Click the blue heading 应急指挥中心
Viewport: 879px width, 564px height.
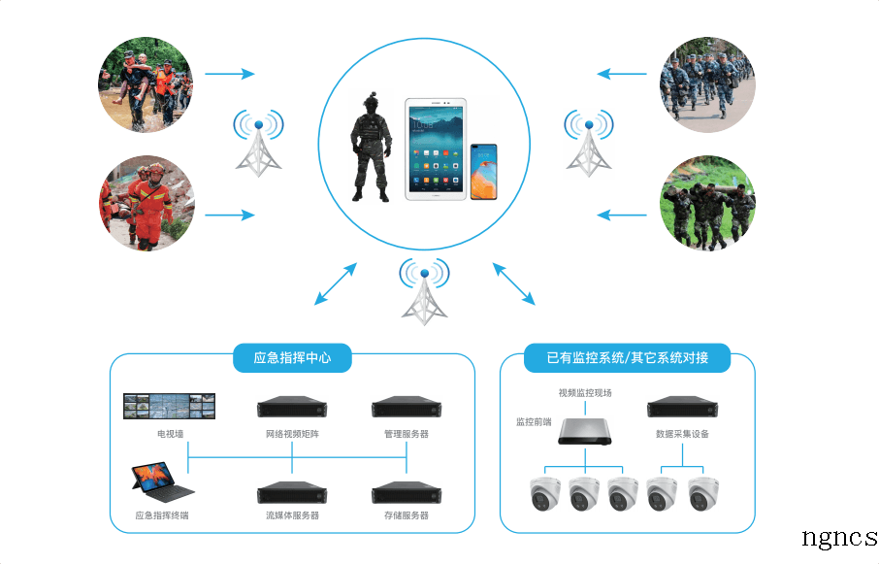[x=292, y=357]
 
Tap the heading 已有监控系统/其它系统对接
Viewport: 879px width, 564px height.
[x=628, y=357]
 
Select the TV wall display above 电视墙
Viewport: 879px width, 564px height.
[x=169, y=407]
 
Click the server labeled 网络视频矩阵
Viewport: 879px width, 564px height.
[x=292, y=407]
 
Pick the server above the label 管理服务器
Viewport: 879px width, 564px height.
[x=407, y=407]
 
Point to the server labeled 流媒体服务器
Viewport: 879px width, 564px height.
[x=292, y=492]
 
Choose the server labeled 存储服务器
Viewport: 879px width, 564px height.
[x=407, y=492]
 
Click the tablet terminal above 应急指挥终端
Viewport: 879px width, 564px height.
[x=162, y=482]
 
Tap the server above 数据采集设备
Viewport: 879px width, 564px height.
[x=682, y=407]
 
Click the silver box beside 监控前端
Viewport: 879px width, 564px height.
[x=585, y=432]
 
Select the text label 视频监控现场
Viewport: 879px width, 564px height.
[x=585, y=393]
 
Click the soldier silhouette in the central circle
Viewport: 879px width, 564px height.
[x=370, y=147]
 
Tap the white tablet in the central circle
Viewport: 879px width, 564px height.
[x=436, y=149]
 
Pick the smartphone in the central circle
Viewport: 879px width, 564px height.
[x=483, y=172]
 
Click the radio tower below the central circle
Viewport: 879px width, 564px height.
[x=424, y=292]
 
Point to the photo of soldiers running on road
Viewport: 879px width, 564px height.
[x=707, y=84]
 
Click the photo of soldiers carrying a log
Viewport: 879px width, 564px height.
[x=707, y=203]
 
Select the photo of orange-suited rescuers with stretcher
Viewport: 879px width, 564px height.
[x=146, y=203]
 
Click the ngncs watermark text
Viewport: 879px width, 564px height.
[x=839, y=538]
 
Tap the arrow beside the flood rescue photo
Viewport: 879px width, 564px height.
[x=230, y=74]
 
